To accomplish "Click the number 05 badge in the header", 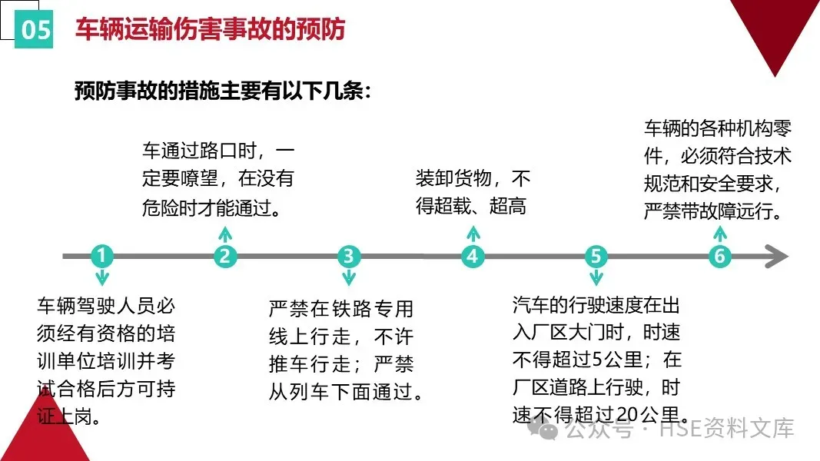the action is point(35,29).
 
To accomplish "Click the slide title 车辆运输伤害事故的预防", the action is point(210,29).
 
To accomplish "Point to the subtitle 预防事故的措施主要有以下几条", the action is point(223,91).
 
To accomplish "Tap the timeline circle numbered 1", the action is point(101,256).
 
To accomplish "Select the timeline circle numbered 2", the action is point(224,256).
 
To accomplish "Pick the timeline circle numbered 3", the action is point(349,256).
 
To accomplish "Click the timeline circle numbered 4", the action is point(473,256).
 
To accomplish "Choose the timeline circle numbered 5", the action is point(596,256).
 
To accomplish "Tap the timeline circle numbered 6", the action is point(719,256).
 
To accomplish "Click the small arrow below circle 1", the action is point(101,277).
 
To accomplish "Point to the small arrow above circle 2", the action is point(224,234).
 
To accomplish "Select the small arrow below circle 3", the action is point(349,277).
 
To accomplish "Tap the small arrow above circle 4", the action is point(473,234).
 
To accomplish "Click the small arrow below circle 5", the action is point(596,277).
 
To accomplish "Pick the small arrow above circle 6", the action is point(719,234).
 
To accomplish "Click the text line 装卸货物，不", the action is point(473,180).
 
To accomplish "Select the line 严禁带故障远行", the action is point(712,211).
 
